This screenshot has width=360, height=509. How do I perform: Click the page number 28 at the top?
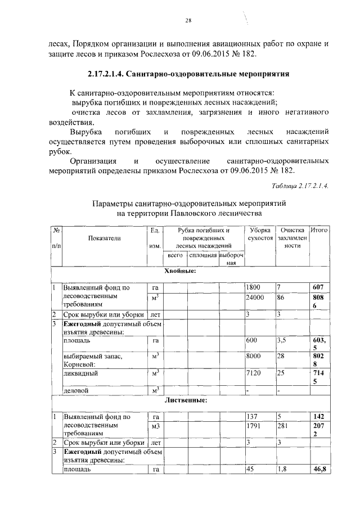[x=189, y=21]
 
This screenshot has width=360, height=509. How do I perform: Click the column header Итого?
[x=319, y=231]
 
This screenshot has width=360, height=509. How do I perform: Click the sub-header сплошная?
[x=202, y=256]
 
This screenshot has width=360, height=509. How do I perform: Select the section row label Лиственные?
[x=186, y=401]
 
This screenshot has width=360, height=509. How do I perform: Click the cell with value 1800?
[x=254, y=287]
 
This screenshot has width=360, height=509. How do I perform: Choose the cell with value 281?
[x=283, y=427]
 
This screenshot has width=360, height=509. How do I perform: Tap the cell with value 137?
[x=252, y=417]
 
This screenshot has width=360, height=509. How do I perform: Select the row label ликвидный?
[x=80, y=372]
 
